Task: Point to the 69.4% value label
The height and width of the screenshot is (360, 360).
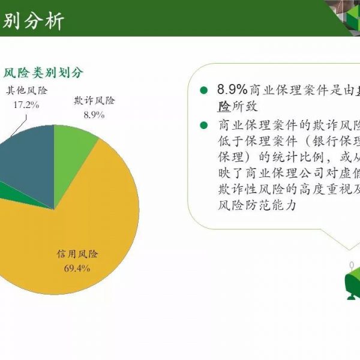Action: click(x=77, y=268)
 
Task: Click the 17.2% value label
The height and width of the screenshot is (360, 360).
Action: click(x=26, y=105)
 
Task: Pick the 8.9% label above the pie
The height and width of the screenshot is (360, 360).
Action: click(x=94, y=115)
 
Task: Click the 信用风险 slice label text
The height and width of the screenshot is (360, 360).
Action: click(x=77, y=254)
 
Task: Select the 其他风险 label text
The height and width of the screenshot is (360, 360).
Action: click(x=26, y=90)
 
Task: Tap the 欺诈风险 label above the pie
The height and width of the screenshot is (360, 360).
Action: click(x=94, y=100)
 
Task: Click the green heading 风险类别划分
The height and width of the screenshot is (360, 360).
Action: click(x=43, y=73)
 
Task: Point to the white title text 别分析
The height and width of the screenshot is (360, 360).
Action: click(x=33, y=22)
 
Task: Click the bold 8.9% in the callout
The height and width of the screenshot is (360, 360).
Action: click(x=232, y=89)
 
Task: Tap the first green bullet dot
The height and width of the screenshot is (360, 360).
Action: click(x=203, y=90)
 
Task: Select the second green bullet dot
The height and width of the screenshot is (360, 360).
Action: click(x=203, y=125)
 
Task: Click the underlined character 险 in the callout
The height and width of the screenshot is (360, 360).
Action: click(x=224, y=106)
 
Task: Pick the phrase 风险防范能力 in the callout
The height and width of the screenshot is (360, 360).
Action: click(x=257, y=205)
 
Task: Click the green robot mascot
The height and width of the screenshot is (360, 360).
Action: click(x=352, y=281)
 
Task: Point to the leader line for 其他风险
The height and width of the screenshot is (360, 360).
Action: click(x=19, y=126)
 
